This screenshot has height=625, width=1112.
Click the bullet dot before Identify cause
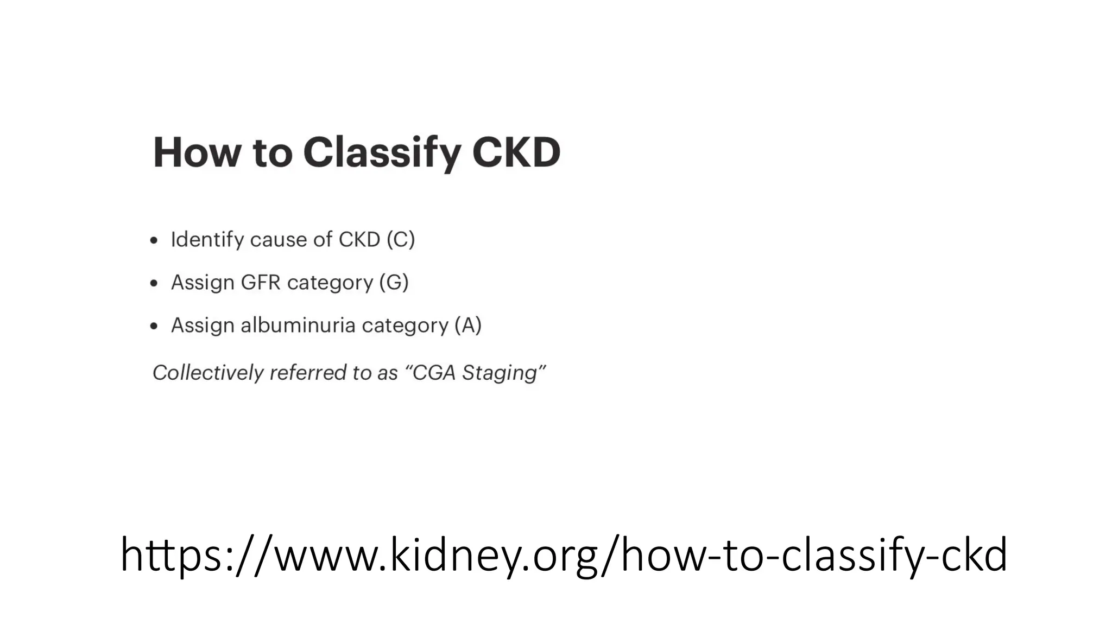pos(154,240)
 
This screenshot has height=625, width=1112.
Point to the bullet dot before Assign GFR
pos(154,283)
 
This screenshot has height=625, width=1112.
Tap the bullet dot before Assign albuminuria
pos(154,326)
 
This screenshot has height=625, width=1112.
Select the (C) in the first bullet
pos(401,239)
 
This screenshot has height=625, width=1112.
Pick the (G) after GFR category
pos(394,282)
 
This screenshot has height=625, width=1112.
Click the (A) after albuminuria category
pos(467,325)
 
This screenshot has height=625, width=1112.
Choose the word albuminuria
pos(298,325)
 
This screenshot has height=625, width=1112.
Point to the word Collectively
pos(208,373)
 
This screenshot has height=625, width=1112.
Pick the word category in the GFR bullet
pos(330,283)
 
